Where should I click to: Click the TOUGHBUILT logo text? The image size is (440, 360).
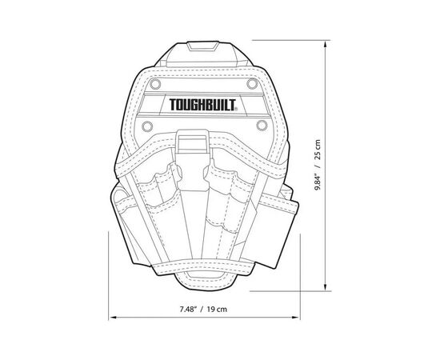(202, 105)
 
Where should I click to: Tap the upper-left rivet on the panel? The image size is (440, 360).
(155, 84)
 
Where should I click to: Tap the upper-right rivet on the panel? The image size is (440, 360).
(252, 84)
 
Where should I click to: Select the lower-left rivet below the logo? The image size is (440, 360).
(147, 126)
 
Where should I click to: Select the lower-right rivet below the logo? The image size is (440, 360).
(262, 125)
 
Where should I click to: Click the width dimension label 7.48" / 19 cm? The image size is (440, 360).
(203, 310)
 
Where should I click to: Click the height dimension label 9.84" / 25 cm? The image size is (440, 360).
(318, 165)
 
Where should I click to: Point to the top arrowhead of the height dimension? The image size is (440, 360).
(326, 44)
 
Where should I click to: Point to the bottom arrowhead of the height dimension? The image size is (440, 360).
(326, 286)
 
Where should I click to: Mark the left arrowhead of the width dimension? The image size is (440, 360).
(113, 318)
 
